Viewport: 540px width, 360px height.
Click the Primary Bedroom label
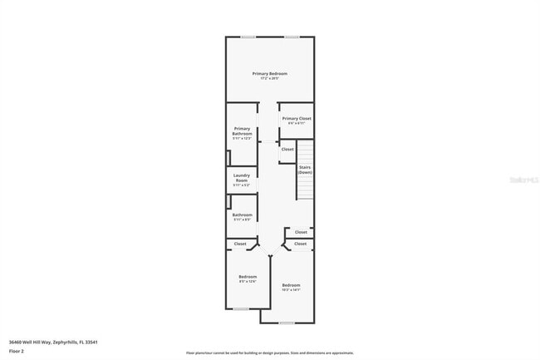click(x=270, y=74)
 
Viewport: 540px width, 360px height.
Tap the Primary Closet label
click(x=297, y=119)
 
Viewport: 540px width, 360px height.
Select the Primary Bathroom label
click(x=242, y=131)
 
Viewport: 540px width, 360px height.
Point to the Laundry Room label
click(x=242, y=177)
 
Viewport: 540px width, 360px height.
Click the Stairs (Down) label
click(x=305, y=170)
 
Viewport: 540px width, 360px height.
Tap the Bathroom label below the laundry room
click(x=242, y=215)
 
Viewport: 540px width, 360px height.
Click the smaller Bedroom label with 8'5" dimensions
click(x=248, y=276)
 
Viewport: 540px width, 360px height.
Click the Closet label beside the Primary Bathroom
click(x=287, y=149)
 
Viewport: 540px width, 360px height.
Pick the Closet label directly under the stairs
click(x=301, y=232)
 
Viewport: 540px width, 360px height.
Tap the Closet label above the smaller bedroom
click(x=240, y=244)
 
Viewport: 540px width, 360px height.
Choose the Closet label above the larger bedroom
click(x=300, y=244)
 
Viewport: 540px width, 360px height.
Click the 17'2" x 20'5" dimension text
click(x=270, y=79)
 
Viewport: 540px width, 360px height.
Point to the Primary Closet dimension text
click(x=297, y=124)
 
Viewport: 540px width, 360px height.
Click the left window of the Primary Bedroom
click(x=248, y=37)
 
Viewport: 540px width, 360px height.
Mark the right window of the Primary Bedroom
click(x=292, y=37)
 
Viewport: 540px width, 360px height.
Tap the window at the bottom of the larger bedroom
click(x=286, y=323)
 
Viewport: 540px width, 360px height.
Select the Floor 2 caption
click(x=17, y=350)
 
